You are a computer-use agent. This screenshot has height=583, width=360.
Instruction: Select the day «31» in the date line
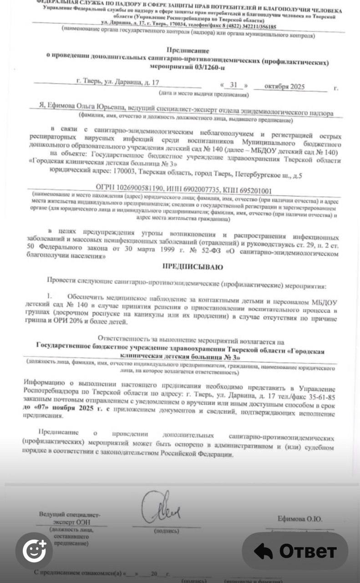[x=234, y=86]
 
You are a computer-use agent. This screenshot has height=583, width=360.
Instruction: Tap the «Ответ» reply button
[x=295, y=551]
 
